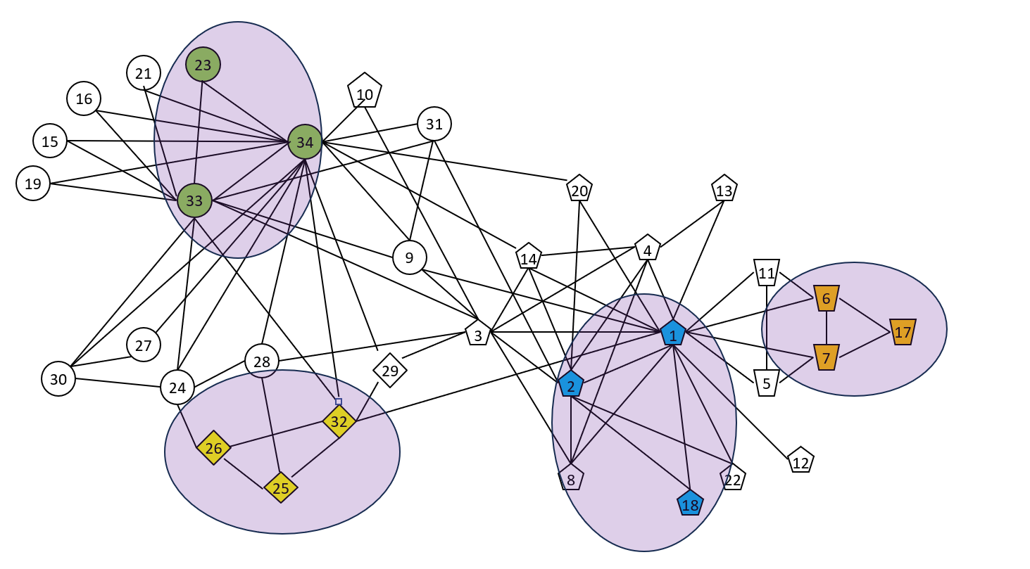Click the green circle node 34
[305, 142]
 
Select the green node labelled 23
[203, 65]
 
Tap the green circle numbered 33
[194, 200]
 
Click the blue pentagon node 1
[673, 333]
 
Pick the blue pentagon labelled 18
[690, 504]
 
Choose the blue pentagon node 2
[571, 384]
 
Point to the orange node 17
[903, 331]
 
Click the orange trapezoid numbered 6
[826, 298]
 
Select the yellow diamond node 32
[339, 421]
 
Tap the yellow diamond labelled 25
[281, 487]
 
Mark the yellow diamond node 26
[214, 448]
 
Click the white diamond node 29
[390, 370]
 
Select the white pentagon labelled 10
[365, 92]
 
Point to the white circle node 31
[434, 124]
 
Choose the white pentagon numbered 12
[800, 461]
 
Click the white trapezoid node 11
[767, 272]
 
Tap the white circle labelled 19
[33, 184]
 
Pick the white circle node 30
[58, 379]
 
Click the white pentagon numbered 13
[724, 189]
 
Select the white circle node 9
[410, 257]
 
